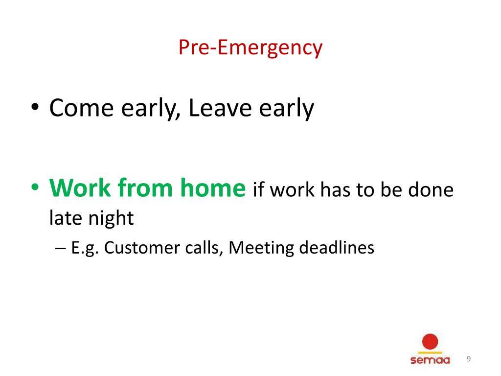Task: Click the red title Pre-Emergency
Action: pos(250,48)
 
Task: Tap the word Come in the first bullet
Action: pos(82,108)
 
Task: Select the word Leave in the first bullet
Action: pos(220,107)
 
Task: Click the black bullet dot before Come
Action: pos(35,106)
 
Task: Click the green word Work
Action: pos(80,188)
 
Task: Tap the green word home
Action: pos(213,188)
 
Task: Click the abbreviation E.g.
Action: pos(85,248)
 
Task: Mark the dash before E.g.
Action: pos(60,248)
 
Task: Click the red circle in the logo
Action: pos(430,342)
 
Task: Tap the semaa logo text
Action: pos(430,360)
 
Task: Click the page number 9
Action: pos(468,359)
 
